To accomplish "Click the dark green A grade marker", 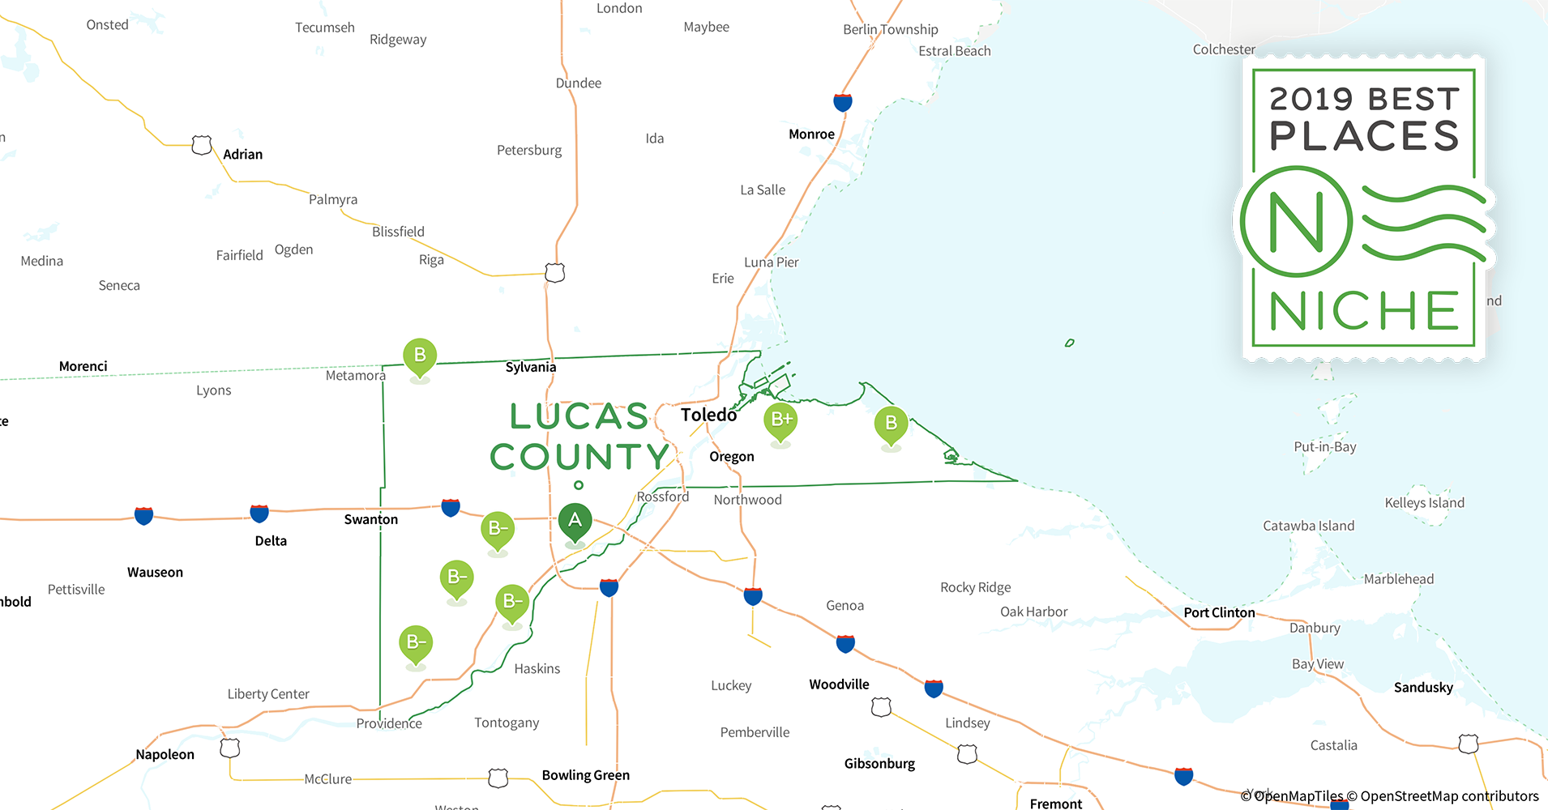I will click(575, 520).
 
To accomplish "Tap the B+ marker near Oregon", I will click(780, 420).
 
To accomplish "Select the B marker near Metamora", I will click(420, 356).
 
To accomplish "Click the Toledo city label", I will click(708, 415).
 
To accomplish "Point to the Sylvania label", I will click(531, 367).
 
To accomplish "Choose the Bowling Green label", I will click(585, 775).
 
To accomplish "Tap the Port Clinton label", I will click(1219, 612).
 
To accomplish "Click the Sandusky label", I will click(1423, 688).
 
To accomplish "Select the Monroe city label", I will click(811, 134).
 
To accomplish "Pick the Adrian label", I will click(242, 155).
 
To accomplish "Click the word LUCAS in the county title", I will click(579, 416).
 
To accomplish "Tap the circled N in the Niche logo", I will click(1296, 222).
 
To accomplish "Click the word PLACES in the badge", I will click(1364, 136).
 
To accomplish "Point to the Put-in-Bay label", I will click(1324, 447).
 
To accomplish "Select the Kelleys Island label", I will click(1424, 503).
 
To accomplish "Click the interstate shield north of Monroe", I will click(843, 103).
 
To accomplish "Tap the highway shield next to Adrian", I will click(202, 145).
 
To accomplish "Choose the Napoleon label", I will click(165, 755).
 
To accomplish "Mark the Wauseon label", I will click(155, 573).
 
